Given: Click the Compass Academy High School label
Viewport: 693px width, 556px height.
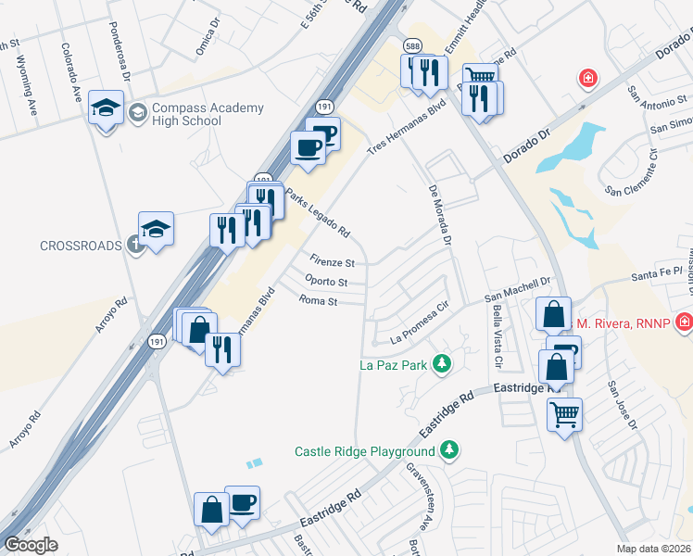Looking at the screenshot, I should pyautogui.click(x=197, y=115).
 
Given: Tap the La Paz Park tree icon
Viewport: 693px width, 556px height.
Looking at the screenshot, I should pyautogui.click(x=443, y=363).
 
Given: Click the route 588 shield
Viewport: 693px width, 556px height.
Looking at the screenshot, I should pyautogui.click(x=412, y=44).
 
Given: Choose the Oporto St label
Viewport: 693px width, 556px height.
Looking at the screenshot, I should pyautogui.click(x=325, y=282).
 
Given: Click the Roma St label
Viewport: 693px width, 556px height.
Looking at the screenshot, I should pyautogui.click(x=319, y=300).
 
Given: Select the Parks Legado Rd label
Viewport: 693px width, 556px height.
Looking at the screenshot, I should pyautogui.click(x=318, y=212).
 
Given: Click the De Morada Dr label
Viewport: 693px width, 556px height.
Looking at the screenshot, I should pyautogui.click(x=440, y=214).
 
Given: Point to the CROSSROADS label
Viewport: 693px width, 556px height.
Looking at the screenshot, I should pyautogui.click(x=81, y=246).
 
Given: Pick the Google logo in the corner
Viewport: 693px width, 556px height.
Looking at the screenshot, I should pyautogui.click(x=31, y=545).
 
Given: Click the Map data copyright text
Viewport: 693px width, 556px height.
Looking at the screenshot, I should pyautogui.click(x=654, y=549).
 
